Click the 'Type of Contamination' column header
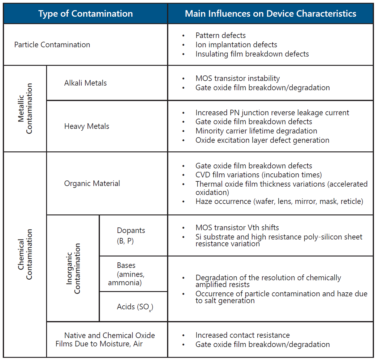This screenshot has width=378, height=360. click(85, 14)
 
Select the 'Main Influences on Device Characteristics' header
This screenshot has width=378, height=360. click(270, 14)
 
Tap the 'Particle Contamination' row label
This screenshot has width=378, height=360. click(52, 45)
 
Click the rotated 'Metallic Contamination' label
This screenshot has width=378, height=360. click(25, 108)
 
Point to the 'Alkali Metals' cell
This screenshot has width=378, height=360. click(85, 83)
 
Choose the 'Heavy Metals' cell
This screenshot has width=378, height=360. click(87, 126)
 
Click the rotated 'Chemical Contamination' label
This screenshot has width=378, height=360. click(25, 254)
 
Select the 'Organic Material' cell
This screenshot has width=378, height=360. click(92, 184)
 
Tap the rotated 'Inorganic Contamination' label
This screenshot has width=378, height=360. click(73, 268)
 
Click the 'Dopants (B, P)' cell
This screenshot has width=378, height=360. click(131, 235)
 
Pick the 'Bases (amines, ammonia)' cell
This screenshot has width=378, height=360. click(126, 274)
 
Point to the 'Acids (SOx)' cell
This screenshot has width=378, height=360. click(135, 307)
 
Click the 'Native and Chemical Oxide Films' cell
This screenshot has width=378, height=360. click(105, 340)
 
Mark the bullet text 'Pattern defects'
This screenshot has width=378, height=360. click(221, 36)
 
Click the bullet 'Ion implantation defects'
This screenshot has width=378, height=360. click(236, 45)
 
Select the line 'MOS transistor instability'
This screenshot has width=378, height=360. click(238, 78)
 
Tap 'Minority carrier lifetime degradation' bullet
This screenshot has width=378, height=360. click(256, 131)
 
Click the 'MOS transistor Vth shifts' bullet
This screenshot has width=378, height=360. click(237, 228)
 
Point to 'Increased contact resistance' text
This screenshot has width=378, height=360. click(243, 335)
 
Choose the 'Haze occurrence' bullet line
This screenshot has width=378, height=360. click(279, 201)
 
